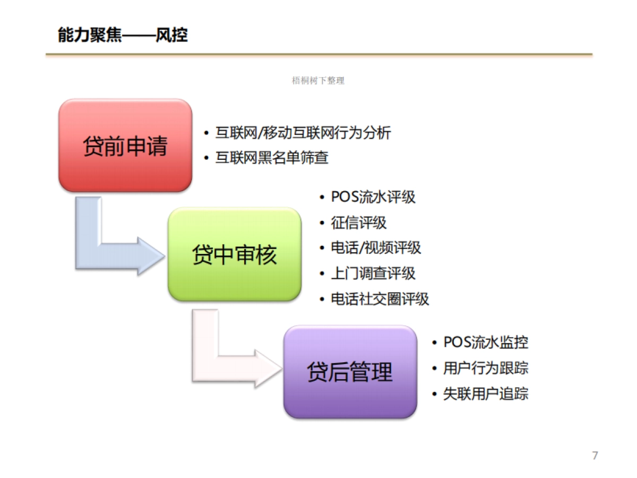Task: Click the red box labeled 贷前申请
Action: click(125, 146)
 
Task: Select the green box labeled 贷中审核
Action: click(235, 254)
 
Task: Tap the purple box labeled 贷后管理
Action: click(350, 372)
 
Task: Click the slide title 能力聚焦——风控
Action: click(123, 36)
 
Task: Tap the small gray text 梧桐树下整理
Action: click(318, 81)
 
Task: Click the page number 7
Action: click(595, 455)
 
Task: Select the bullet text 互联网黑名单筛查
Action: click(272, 158)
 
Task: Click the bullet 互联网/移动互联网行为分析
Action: click(303, 132)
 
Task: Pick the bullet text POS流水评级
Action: click(373, 197)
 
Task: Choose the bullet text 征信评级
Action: click(359, 223)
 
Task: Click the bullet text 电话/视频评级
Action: click(376, 247)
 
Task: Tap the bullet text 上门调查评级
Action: click(373, 274)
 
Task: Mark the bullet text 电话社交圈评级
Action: click(380, 299)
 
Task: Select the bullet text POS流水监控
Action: click(486, 342)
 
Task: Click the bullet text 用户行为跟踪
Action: click(486, 368)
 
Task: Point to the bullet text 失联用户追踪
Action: click(486, 394)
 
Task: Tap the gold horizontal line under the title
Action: click(318, 54)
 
